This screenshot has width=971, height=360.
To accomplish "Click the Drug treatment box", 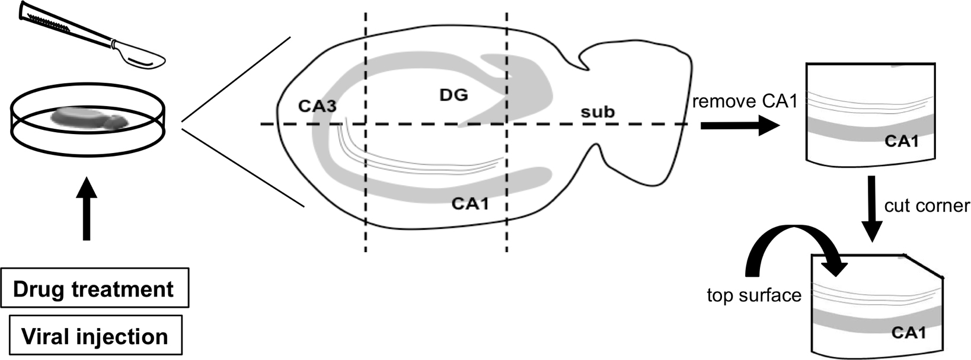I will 94,289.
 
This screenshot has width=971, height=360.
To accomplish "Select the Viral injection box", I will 94,336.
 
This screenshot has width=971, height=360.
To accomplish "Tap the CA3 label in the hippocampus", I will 317,106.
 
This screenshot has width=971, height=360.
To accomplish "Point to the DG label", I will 453,94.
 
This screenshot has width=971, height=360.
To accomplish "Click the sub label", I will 597,111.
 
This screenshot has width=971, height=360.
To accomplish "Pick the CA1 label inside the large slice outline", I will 469,203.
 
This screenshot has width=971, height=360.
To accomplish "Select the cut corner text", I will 927,205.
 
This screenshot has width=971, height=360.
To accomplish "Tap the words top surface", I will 753,295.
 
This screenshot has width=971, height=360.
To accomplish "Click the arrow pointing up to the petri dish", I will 87,208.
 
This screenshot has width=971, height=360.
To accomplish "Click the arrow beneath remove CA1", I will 738,126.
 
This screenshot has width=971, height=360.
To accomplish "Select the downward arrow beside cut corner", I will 871,208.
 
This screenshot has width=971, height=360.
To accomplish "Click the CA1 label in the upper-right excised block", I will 901,141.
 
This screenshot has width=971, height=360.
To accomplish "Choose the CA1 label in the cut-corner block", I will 909,333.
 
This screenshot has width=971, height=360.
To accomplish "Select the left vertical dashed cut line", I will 365,178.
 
